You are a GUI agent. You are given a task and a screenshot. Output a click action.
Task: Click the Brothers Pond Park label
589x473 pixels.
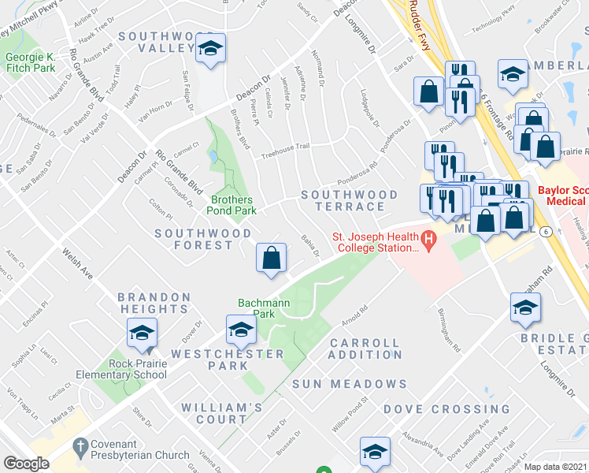point(232,205)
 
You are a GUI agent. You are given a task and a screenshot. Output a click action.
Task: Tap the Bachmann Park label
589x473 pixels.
point(259,308)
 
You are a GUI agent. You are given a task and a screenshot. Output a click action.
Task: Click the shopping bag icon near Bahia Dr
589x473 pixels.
point(271,257)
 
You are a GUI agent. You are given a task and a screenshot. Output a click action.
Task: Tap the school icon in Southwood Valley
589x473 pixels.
point(210,49)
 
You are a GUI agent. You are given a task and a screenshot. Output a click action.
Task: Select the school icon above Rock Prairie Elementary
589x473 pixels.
point(142,333)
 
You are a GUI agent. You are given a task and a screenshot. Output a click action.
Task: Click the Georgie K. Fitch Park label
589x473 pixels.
point(31,62)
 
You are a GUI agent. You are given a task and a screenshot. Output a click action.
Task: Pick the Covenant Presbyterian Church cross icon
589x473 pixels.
point(79,446)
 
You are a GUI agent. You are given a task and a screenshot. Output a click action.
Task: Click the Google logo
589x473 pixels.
point(26,463)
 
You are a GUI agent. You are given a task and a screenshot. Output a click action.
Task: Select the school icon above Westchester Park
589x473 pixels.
point(241,330)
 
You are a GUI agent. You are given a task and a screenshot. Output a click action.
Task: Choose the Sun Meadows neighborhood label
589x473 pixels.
point(349,384)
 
